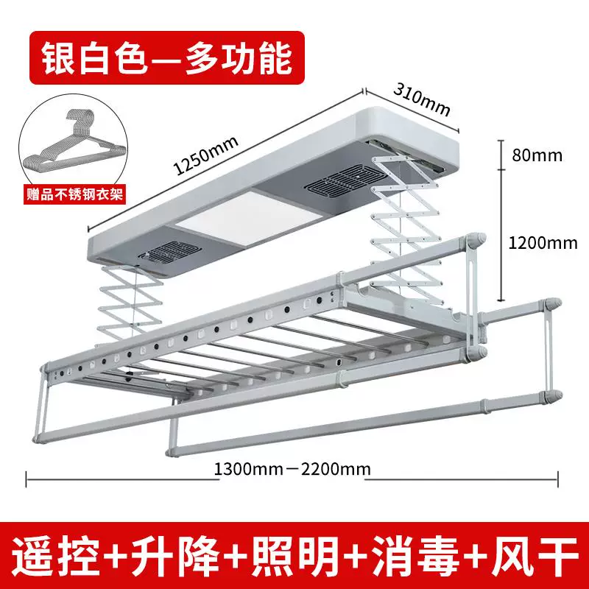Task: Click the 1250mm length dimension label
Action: tap(206, 155)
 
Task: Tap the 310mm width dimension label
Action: tap(422, 99)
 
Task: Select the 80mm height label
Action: tap(537, 155)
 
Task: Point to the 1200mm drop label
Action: tap(543, 243)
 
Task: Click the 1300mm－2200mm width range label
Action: tap(292, 469)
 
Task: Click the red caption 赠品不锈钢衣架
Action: tap(74, 194)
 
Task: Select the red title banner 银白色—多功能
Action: tap(167, 57)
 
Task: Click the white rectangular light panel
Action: tap(249, 218)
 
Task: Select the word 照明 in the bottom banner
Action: tap(295, 556)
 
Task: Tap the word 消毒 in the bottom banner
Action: tap(416, 556)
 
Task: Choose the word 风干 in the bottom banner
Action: tap(535, 556)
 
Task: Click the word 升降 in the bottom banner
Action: tap(175, 556)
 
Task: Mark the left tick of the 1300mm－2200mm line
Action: tap(26, 479)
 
